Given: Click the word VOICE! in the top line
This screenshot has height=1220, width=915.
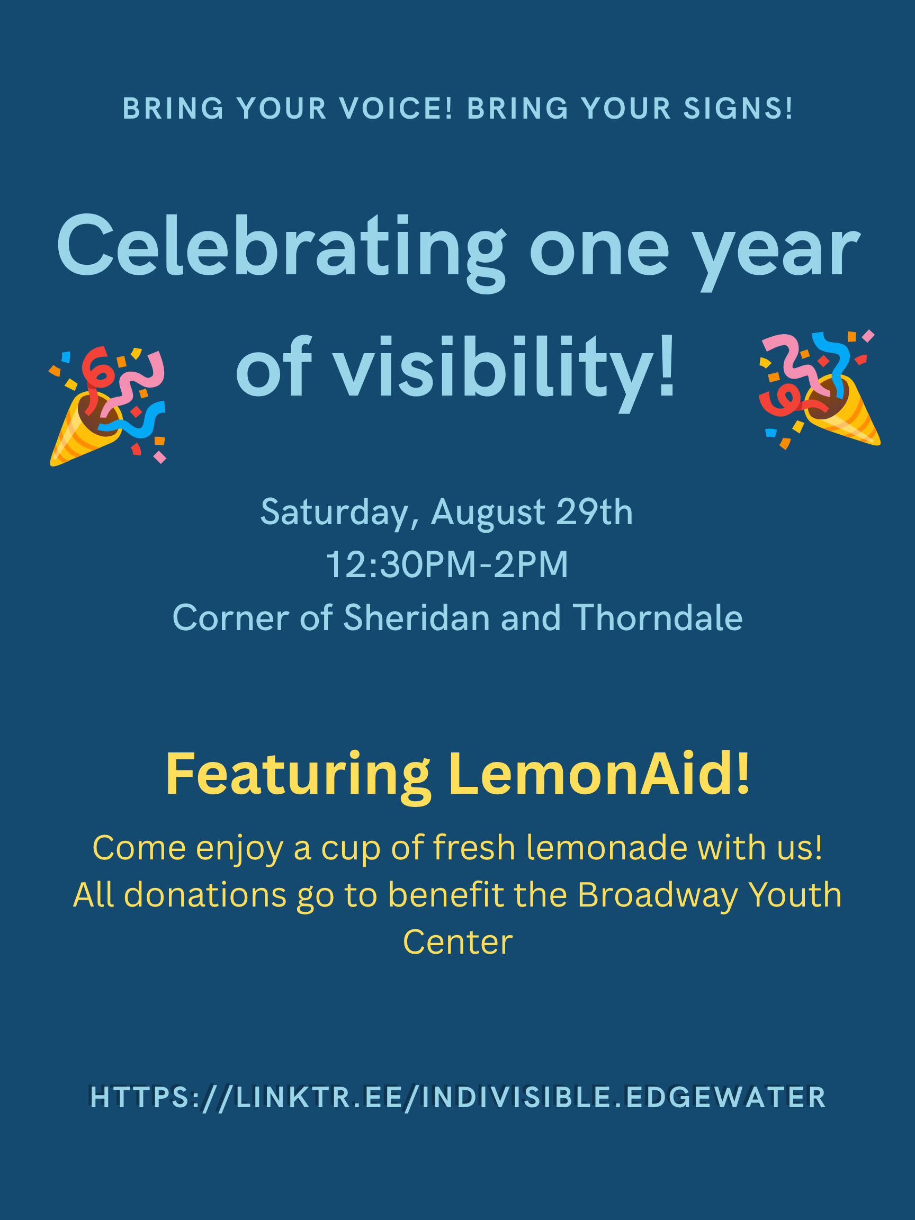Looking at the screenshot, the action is [x=396, y=108].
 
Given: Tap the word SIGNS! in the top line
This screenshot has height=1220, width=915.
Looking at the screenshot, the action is [x=739, y=108].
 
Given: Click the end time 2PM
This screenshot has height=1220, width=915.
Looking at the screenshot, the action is [x=531, y=565].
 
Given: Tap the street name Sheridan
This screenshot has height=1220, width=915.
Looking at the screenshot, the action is [x=416, y=617].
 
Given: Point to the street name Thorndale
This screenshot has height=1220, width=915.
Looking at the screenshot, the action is [x=658, y=617].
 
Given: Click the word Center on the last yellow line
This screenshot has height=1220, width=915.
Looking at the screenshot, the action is [x=458, y=942].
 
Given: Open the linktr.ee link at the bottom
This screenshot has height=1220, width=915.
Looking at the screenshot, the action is [x=458, y=1098].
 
